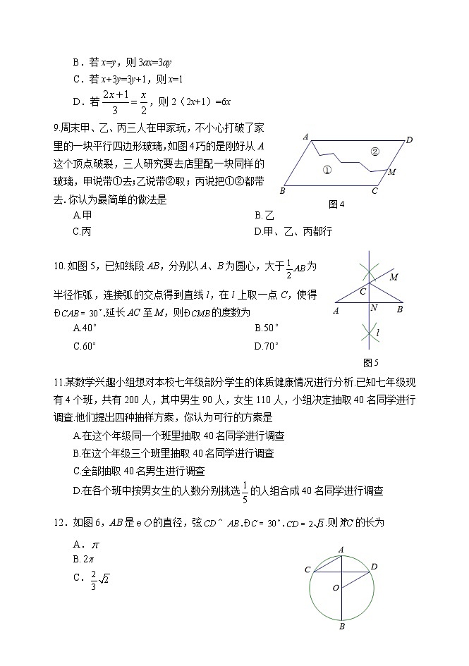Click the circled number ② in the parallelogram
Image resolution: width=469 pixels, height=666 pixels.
click(374, 151)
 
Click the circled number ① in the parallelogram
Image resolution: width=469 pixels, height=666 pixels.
click(326, 170)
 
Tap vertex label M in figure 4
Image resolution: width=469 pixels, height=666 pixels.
click(391, 172)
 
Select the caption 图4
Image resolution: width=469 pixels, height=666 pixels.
click(336, 204)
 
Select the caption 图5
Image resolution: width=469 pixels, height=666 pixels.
click(370, 362)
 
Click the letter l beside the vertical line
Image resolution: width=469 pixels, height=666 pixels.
click(379, 332)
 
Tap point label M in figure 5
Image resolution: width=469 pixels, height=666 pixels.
click(394, 277)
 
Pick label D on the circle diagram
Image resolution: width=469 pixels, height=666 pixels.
click(374, 566)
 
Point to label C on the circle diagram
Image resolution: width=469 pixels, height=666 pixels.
click(307, 569)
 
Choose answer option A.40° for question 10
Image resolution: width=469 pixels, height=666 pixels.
click(85, 328)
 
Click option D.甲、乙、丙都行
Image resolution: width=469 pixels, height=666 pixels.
click(293, 231)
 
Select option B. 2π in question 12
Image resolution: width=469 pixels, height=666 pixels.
click(83, 559)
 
